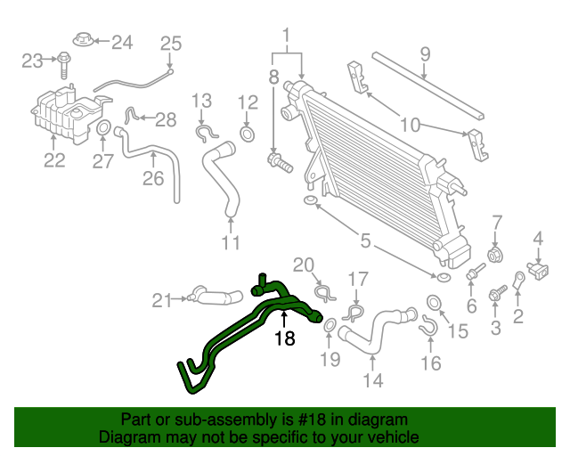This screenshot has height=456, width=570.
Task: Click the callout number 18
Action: click(284, 338)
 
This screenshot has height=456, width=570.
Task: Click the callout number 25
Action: click(170, 43)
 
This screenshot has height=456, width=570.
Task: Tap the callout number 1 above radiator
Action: click(287, 36)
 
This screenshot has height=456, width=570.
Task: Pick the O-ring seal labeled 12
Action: click(248, 135)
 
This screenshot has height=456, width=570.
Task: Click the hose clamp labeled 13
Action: click(206, 134)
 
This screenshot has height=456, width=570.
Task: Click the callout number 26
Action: click(153, 178)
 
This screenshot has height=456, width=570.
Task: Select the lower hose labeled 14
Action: click(374, 331)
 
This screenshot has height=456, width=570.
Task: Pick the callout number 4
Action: click(538, 238)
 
